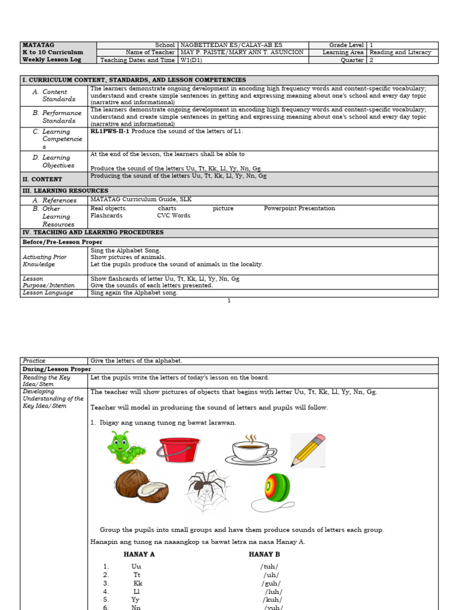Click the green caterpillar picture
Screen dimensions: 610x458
(126, 447)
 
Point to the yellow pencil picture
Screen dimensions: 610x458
(308, 450)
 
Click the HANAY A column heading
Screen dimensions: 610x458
(139, 554)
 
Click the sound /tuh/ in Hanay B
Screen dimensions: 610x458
(270, 567)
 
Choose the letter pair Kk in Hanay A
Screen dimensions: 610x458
(138, 583)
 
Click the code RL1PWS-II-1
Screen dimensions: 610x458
(110, 131)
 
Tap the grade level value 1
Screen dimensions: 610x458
(371, 45)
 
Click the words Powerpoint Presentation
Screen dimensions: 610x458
(299, 208)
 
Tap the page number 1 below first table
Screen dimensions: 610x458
(228, 301)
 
